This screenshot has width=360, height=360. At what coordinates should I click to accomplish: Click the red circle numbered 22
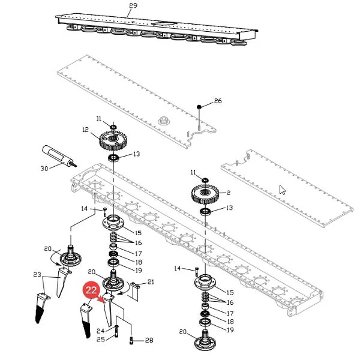(x=91, y=290)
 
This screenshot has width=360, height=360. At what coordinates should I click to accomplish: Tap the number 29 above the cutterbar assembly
(x=133, y=5)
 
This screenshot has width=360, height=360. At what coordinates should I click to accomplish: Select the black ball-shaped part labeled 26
(x=199, y=107)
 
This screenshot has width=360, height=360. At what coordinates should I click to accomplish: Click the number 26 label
(x=218, y=101)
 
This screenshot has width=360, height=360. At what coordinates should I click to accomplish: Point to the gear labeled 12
(x=113, y=140)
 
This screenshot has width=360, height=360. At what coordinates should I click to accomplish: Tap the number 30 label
(x=44, y=169)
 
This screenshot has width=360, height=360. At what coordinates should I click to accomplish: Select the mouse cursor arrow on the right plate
(x=283, y=190)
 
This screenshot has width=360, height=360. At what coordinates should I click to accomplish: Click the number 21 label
(x=151, y=282)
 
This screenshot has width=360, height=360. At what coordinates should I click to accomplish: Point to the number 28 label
(x=149, y=340)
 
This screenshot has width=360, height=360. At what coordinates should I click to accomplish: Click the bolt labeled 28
(x=131, y=340)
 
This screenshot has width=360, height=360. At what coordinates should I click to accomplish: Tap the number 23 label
(x=37, y=275)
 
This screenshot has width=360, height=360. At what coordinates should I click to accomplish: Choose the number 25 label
(x=101, y=340)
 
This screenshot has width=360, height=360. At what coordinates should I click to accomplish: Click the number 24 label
(x=101, y=331)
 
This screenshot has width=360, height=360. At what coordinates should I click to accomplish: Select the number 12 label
(x=85, y=130)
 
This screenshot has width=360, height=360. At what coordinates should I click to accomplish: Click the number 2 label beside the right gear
(x=228, y=193)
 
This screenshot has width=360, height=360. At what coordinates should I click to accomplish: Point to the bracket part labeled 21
(x=135, y=292)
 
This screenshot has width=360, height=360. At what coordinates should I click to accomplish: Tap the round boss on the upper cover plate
(x=164, y=121)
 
